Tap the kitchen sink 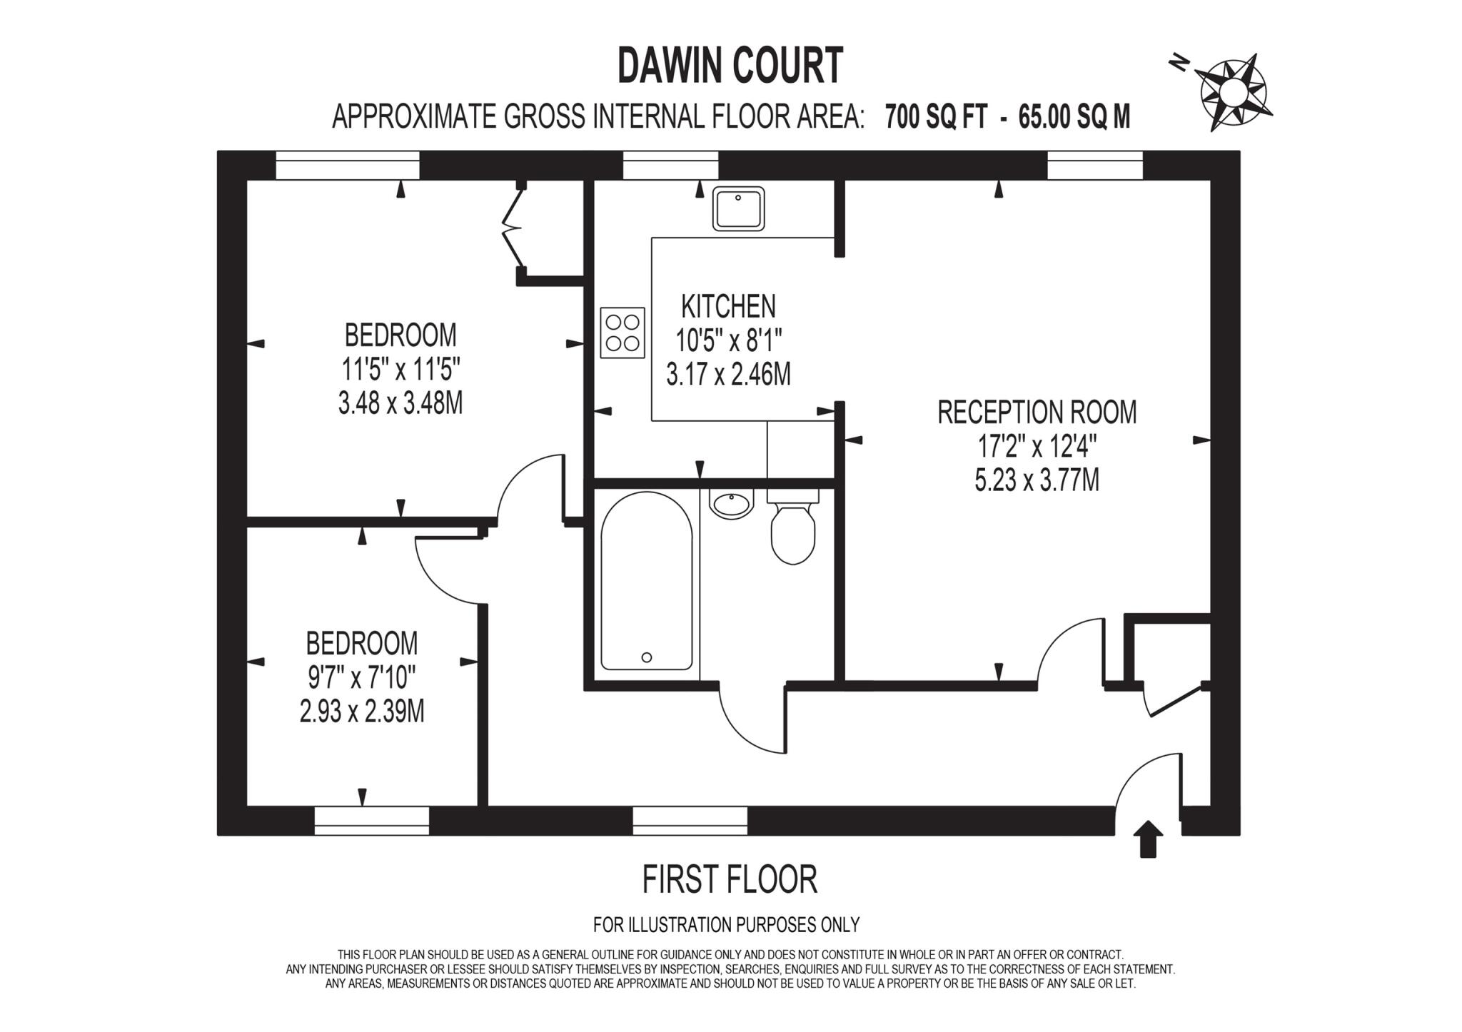(738, 208)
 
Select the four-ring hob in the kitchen (622, 333)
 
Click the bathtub (646, 582)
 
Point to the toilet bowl (793, 534)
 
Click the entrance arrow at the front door (1148, 839)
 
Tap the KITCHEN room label (728, 306)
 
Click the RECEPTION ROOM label (1037, 413)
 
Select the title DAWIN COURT (730, 66)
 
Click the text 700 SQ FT (936, 116)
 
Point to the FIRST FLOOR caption (730, 879)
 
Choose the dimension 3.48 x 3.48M (400, 404)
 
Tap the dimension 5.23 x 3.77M (1037, 480)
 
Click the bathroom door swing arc (750, 721)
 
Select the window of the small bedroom (372, 820)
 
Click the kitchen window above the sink (670, 166)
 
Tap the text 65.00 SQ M (1074, 116)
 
